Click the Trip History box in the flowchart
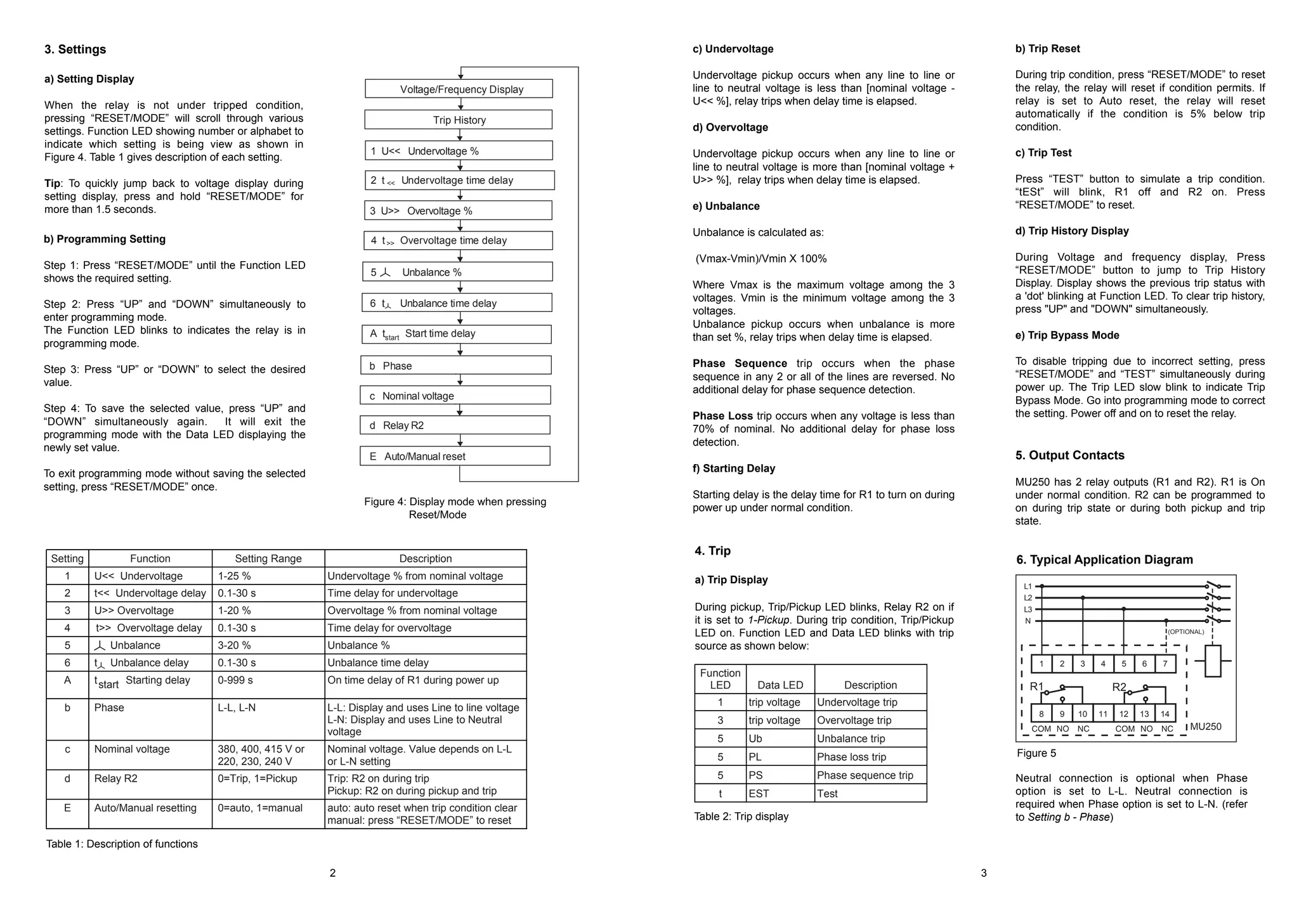click(x=459, y=120)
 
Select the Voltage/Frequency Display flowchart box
click(x=459, y=89)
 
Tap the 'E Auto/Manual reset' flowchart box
click(x=455, y=456)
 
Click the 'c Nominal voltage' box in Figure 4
click(x=455, y=396)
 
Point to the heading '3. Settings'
click(x=75, y=49)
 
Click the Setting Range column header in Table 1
click(x=268, y=559)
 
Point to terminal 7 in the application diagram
click(x=1165, y=664)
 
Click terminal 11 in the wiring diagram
click(x=1103, y=714)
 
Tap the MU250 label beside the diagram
click(x=1205, y=727)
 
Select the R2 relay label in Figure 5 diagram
click(x=1119, y=687)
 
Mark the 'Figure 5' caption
click(x=1036, y=753)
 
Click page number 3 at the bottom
click(x=984, y=873)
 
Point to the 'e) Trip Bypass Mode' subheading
click(x=1067, y=335)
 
